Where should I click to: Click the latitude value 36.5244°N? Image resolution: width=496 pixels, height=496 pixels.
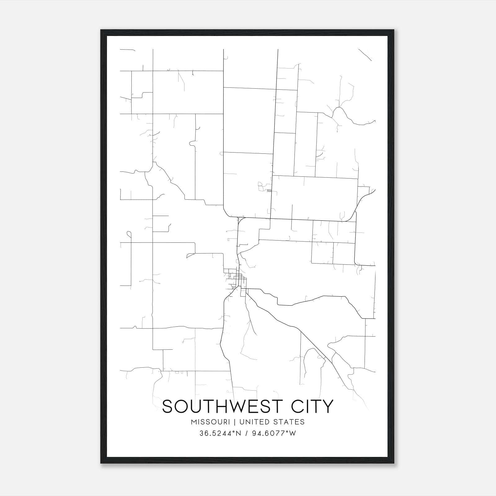point(220,433)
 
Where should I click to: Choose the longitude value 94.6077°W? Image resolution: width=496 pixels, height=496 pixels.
point(273,433)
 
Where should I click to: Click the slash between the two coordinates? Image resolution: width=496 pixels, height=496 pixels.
point(246,433)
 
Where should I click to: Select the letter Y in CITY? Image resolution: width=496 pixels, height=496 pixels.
point(328,406)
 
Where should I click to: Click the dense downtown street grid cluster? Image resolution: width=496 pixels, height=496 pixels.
point(237,279)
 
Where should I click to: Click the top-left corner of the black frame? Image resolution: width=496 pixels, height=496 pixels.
point(101,30)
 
